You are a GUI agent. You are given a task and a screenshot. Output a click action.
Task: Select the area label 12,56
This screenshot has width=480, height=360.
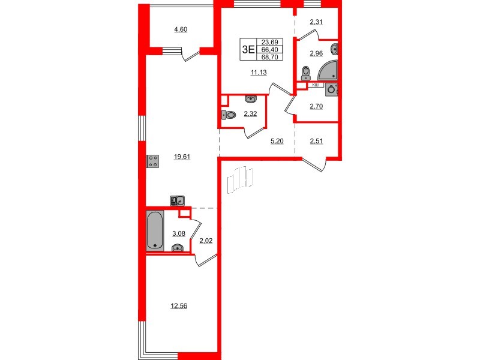(x=178, y=305)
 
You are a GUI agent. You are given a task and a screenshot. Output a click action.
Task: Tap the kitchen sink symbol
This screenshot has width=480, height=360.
(x=177, y=201)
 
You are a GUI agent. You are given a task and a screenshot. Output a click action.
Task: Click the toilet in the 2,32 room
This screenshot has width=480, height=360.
(x=227, y=116)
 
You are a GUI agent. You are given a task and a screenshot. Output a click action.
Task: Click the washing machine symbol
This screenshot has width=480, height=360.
(x=332, y=90)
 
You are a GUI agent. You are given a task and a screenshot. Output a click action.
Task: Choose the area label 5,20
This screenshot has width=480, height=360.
(x=278, y=142)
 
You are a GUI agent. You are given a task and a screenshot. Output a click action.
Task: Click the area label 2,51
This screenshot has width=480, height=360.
(x=317, y=142)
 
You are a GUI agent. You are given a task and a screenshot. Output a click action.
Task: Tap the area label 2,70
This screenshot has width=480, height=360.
(x=316, y=106)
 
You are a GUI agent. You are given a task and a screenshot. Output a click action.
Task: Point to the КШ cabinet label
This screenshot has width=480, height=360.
(x=314, y=86)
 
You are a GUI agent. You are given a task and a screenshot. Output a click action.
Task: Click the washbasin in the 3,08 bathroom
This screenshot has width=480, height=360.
(x=178, y=248)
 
